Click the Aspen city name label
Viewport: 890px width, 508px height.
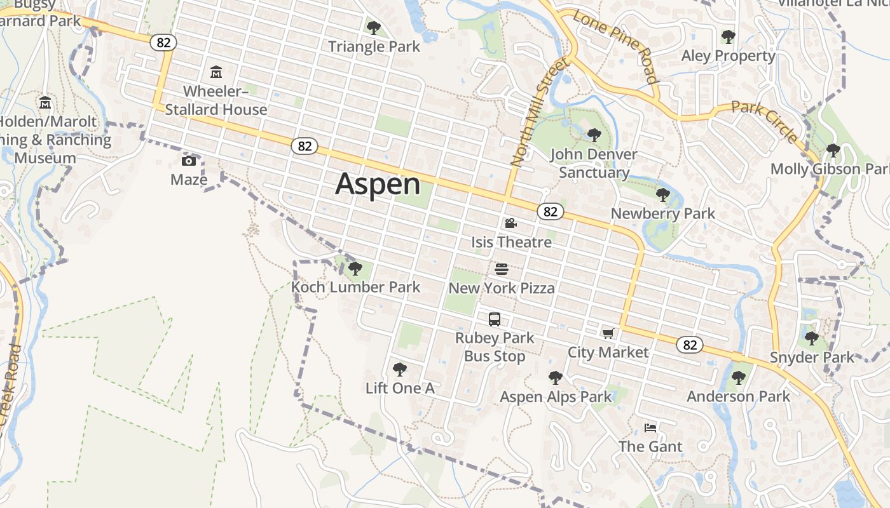378,184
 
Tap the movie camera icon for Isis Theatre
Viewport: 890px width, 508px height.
510,223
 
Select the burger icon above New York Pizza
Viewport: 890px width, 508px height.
502,269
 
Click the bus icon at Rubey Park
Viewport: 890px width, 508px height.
495,319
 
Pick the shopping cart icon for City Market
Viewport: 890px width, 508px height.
608,333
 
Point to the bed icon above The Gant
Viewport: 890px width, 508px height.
650,428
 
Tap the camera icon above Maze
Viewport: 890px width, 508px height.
189,161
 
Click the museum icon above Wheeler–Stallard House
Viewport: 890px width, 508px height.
216,72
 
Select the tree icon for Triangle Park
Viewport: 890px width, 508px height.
374,27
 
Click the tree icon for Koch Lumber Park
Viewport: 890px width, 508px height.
355,268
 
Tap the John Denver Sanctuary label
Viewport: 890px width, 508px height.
594,163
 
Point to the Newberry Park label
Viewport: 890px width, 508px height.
663,213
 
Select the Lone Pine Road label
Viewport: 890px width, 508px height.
615,46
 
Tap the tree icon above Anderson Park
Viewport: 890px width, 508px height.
738,378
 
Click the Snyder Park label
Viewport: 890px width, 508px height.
812,357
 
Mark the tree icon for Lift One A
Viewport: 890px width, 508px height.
400,369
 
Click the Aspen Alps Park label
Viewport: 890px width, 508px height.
556,397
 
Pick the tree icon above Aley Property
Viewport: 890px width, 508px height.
729,37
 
